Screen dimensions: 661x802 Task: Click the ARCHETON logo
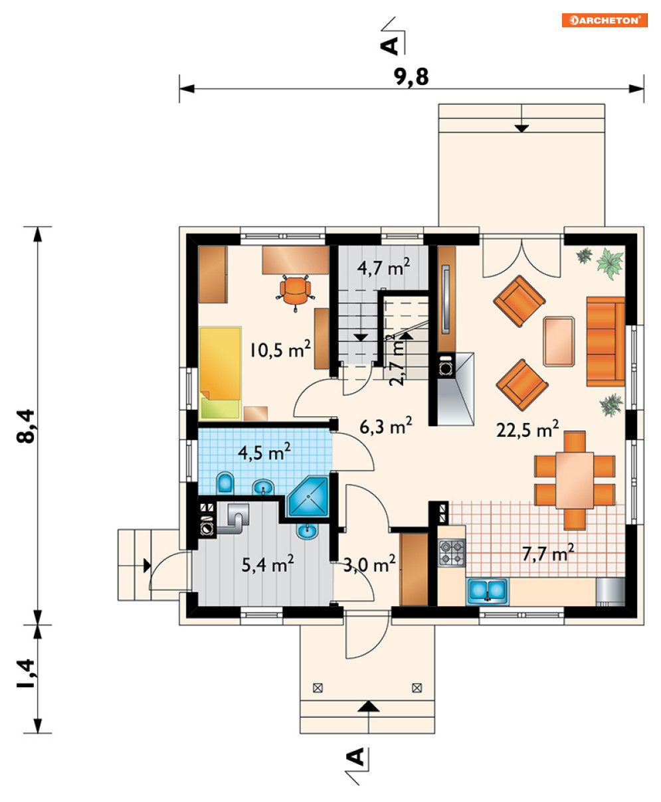(604, 20)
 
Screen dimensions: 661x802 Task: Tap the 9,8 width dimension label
(411, 77)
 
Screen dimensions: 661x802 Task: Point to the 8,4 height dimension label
(27, 426)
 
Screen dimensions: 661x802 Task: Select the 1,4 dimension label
(27, 674)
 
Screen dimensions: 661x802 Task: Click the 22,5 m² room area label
(527, 429)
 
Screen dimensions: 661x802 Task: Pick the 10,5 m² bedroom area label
(280, 349)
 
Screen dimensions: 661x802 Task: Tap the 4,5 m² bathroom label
(264, 451)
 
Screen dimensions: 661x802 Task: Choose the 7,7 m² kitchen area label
(548, 553)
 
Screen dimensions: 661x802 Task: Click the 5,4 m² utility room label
(268, 564)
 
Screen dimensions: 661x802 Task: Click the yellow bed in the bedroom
(220, 372)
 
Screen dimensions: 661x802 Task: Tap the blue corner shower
(309, 496)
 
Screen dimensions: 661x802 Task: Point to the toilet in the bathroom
(225, 483)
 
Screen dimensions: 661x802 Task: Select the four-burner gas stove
(452, 552)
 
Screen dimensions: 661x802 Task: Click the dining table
(575, 480)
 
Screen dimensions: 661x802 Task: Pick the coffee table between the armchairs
(559, 341)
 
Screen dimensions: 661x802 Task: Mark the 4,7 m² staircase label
(383, 267)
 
